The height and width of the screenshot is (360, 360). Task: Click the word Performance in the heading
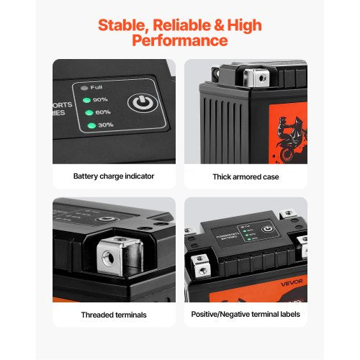pos(179,42)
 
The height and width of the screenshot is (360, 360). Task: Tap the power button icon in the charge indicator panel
pos(140,102)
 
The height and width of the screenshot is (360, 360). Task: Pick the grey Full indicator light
pos(85,88)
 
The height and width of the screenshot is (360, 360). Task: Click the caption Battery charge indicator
pos(114,176)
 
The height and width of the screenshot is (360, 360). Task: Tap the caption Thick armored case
pos(246,176)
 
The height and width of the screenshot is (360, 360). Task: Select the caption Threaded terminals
pos(114,314)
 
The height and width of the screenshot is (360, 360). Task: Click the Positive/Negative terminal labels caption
pos(246,314)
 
